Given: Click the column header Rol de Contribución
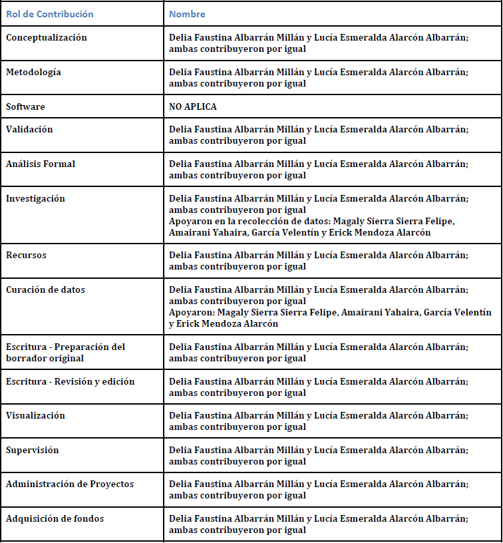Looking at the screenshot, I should pyautogui.click(x=50, y=14).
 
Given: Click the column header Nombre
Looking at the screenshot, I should pyautogui.click(x=187, y=14).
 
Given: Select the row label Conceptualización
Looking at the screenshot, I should pyautogui.click(x=47, y=38).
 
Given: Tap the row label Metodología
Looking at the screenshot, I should pyautogui.click(x=33, y=72).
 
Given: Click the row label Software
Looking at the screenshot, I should pyautogui.click(x=25, y=106).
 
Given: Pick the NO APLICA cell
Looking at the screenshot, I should pyautogui.click(x=193, y=106).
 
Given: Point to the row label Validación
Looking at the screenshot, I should pyautogui.click(x=29, y=129).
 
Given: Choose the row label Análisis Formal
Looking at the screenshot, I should pyautogui.click(x=41, y=164).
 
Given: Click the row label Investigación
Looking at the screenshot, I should pyautogui.click(x=35, y=198).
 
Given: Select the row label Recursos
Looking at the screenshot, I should pyautogui.click(x=26, y=255).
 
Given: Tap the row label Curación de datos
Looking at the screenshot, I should pyautogui.click(x=45, y=289).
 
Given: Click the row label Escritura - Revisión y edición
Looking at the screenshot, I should pyautogui.click(x=70, y=381).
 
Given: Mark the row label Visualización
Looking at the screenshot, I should pyautogui.click(x=35, y=415).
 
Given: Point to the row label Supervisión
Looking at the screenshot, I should pyautogui.click(x=32, y=450).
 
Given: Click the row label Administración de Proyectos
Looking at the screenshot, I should pyautogui.click(x=70, y=484).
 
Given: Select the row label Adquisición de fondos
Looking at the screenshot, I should pyautogui.click(x=55, y=518).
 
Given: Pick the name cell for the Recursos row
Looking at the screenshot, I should pyautogui.click(x=318, y=260).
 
